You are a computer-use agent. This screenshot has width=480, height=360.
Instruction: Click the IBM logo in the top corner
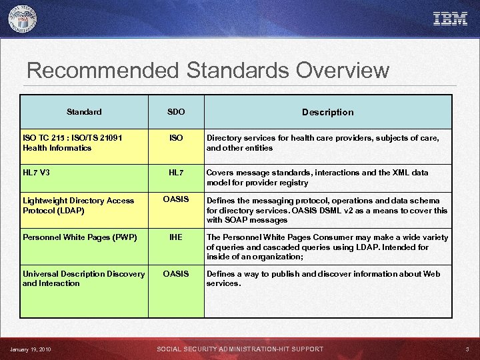(450, 19)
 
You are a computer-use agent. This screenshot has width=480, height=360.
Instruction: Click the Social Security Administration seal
(23, 19)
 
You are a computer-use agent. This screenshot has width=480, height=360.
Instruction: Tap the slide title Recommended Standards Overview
(208, 71)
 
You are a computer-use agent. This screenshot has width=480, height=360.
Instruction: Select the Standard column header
(84, 111)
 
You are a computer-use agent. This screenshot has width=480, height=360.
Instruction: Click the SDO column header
(176, 111)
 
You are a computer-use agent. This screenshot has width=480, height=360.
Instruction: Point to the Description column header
(327, 112)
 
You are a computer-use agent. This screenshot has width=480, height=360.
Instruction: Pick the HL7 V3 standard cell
(37, 172)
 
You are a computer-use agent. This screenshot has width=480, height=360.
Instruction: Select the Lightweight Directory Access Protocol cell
(79, 205)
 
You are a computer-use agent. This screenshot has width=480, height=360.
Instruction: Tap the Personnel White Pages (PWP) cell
(79, 237)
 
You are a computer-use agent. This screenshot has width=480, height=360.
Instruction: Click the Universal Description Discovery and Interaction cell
(83, 278)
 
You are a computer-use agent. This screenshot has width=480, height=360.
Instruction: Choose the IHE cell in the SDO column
(176, 237)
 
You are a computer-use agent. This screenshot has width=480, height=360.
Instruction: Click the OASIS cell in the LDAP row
(176, 199)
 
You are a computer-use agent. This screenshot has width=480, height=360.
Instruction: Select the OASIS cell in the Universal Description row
(176, 273)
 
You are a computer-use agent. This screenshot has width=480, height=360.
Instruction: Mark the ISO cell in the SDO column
(176, 138)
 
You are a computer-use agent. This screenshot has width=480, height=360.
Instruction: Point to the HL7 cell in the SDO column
(176, 172)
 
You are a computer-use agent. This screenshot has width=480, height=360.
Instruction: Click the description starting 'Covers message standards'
(317, 177)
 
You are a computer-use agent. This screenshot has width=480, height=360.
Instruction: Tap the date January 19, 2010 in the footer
(31, 349)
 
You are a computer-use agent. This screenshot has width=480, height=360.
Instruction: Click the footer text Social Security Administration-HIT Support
(240, 349)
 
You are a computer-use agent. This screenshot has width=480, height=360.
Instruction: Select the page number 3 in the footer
(467, 349)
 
